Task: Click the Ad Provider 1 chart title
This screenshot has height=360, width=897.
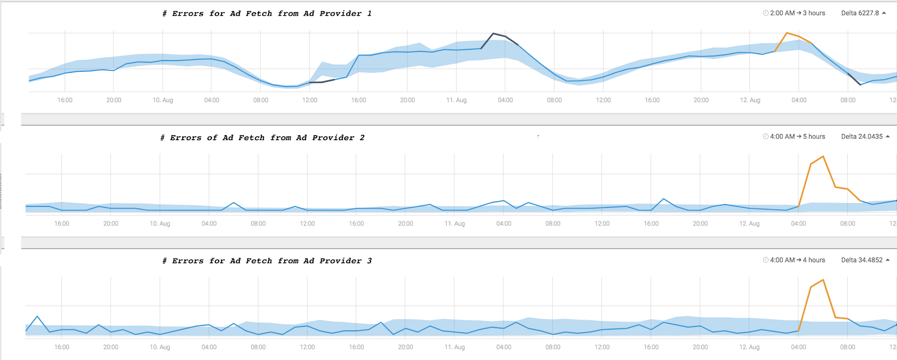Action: coord(267,13)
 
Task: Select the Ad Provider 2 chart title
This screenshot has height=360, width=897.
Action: coord(262,138)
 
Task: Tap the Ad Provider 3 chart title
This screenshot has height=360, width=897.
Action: coord(267,261)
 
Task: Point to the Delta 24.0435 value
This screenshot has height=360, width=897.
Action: coord(862,137)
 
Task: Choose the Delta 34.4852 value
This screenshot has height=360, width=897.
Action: coord(862,260)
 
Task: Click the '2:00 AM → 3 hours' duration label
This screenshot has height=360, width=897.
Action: coord(797,13)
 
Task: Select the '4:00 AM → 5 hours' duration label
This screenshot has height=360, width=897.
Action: coord(797,137)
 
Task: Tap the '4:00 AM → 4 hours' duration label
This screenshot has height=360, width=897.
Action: coord(797,260)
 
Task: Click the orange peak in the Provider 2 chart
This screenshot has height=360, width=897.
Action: coord(823,156)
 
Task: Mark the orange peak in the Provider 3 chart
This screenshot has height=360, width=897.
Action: coord(823,280)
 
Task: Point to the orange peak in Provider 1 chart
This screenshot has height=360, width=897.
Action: coord(787,33)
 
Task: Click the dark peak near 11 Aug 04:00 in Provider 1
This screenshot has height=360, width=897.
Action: coord(493,33)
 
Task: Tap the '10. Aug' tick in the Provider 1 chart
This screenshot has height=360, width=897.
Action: coord(163,100)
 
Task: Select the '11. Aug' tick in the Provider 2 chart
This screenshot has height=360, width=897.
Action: coord(455,223)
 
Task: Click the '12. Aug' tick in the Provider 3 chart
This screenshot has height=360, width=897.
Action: coord(749,347)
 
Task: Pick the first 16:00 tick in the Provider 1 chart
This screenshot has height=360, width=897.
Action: coord(65,100)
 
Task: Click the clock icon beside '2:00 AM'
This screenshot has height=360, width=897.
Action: coord(766,13)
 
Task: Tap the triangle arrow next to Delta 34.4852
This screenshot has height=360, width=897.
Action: coord(888,260)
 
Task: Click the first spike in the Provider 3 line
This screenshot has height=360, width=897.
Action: coord(37,316)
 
